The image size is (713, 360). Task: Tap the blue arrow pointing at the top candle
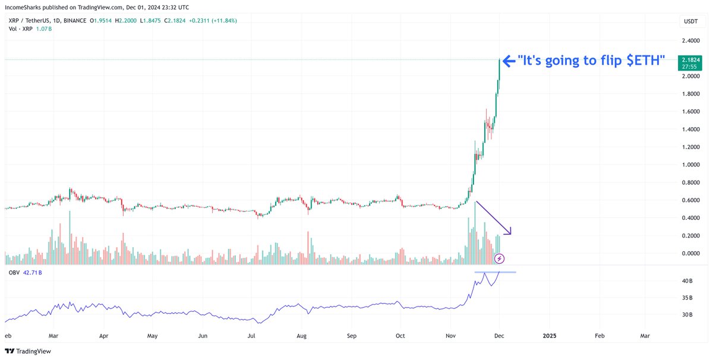(x=508, y=61)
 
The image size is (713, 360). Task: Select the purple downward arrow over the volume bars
(x=493, y=217)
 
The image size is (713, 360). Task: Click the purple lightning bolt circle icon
(x=500, y=258)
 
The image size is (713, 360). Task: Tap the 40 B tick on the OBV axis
(x=687, y=281)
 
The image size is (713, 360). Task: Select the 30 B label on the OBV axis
(x=687, y=315)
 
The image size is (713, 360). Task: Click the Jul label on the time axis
(x=252, y=336)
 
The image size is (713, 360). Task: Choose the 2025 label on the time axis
(x=549, y=336)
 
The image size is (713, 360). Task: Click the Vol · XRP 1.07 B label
(x=29, y=29)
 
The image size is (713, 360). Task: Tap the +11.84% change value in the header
(x=225, y=20)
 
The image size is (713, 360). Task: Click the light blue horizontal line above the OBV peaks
(x=494, y=272)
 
